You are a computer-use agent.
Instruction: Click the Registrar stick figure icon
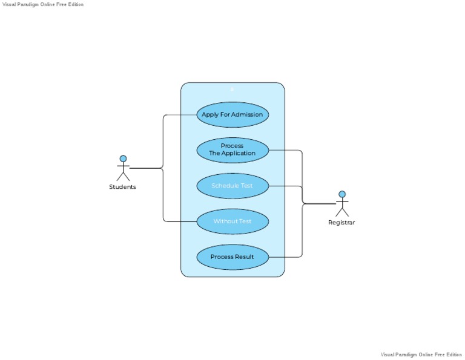coord(342,204)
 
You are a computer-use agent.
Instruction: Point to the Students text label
coord(122,187)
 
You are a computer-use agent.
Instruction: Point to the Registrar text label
coord(341,223)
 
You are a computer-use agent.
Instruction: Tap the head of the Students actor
coord(123,159)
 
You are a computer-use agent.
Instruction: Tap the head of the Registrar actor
coord(342,194)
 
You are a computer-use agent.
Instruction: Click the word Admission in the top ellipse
coord(248,114)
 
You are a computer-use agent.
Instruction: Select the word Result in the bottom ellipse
coord(244,257)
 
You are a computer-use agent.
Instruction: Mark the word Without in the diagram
coord(225,221)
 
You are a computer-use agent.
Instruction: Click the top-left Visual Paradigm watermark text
coord(43,4)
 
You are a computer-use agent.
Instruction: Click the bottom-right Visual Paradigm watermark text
coord(421,355)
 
